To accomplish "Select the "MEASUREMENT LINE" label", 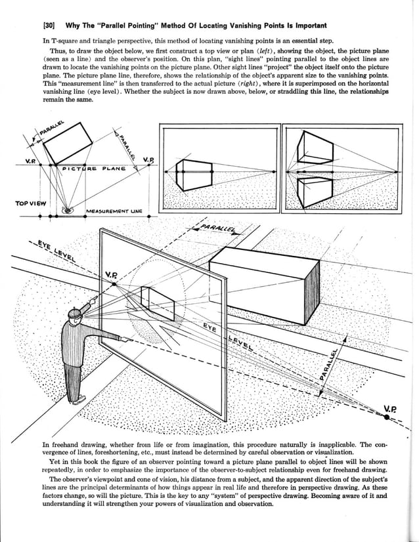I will click(x=113, y=211).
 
